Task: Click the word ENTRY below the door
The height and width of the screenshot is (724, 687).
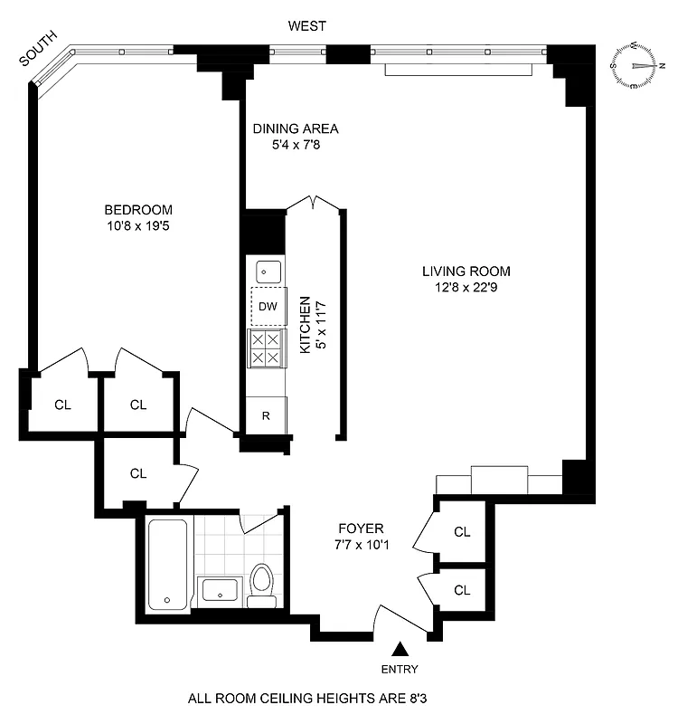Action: tap(400, 670)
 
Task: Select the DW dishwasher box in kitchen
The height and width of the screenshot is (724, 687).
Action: tap(267, 306)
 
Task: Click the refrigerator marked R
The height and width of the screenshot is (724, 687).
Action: tap(266, 416)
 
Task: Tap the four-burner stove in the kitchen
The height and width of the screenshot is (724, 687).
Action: tap(267, 348)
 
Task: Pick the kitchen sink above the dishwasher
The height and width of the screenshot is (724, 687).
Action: tap(267, 270)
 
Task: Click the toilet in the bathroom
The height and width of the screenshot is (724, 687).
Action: tap(262, 586)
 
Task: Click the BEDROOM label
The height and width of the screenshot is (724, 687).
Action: tap(137, 210)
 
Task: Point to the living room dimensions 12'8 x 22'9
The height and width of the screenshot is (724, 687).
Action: tap(466, 289)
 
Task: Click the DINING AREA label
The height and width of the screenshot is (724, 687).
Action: tap(295, 129)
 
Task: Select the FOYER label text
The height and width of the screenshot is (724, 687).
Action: tap(362, 529)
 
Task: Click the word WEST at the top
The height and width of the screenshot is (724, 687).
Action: tap(306, 26)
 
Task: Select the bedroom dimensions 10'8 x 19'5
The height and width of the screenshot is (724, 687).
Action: tap(137, 226)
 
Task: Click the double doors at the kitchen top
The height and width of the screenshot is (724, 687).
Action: tap(314, 204)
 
